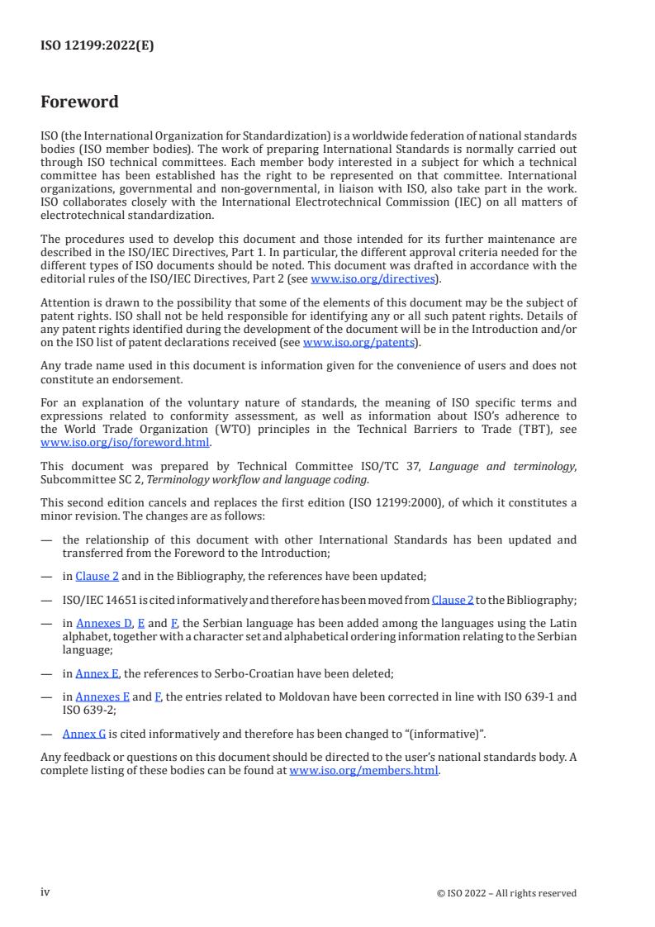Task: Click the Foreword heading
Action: [x=79, y=102]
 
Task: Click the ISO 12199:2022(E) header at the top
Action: [x=97, y=46]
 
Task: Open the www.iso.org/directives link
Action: [x=373, y=279]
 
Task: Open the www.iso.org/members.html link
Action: [x=363, y=772]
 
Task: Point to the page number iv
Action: [x=45, y=892]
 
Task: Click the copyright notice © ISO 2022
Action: [x=506, y=893]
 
